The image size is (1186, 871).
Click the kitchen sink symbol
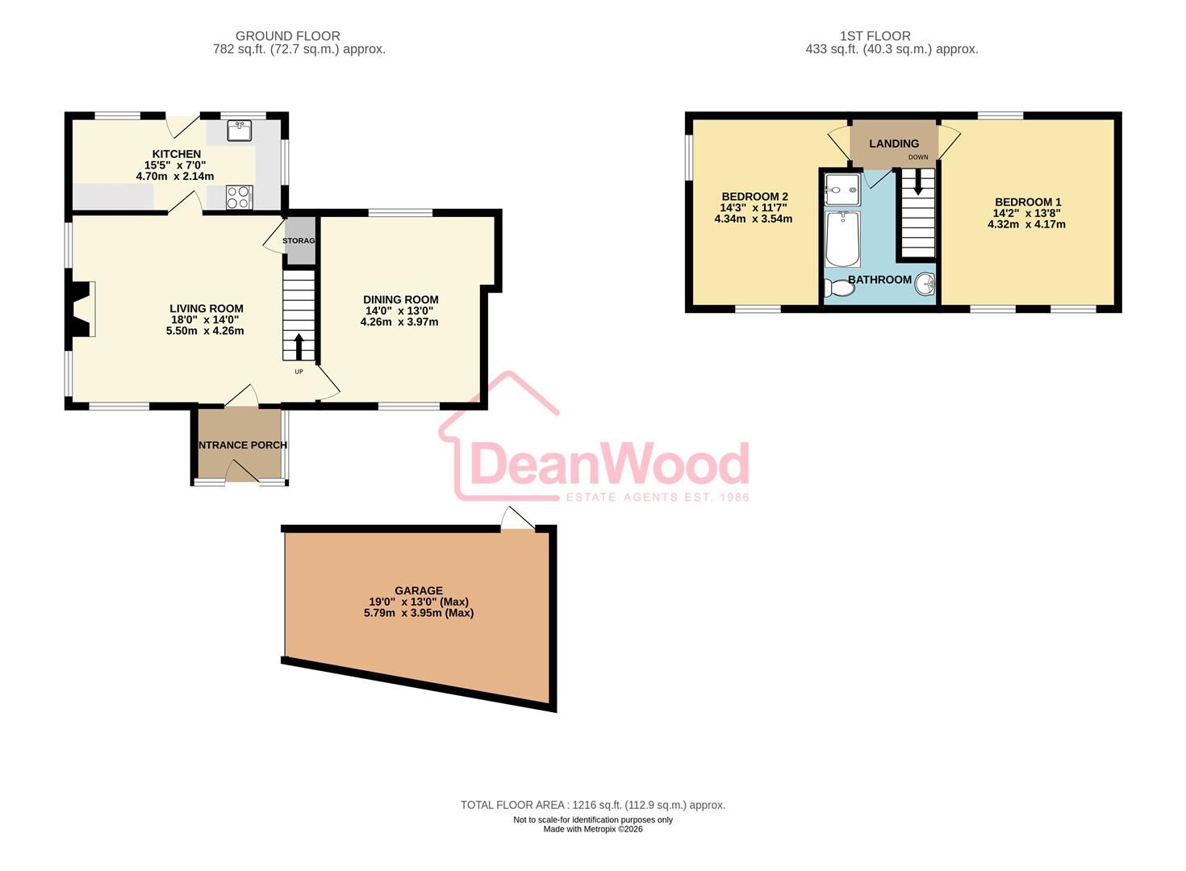click(x=239, y=130)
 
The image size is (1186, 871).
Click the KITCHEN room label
click(x=177, y=154)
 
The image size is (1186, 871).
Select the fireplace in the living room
click(x=81, y=309)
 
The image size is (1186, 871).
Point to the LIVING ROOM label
click(x=207, y=309)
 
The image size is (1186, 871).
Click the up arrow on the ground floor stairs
click(x=299, y=347)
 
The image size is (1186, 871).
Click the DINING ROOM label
click(x=400, y=300)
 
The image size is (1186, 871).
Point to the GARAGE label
click(x=419, y=591)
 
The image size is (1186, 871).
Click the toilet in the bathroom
click(x=839, y=288)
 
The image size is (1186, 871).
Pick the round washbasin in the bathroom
click(x=925, y=284)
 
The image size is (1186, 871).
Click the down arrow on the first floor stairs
click(x=917, y=181)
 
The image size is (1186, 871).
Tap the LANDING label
click(x=894, y=144)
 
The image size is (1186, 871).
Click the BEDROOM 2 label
click(x=754, y=197)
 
